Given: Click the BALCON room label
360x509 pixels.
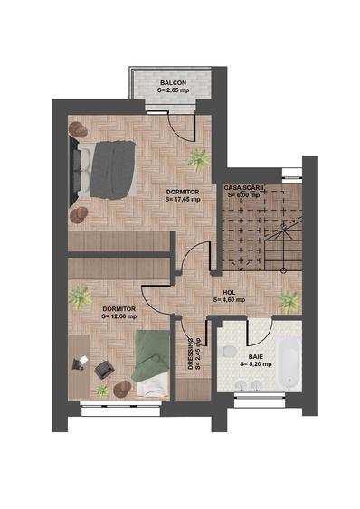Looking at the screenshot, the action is [x=173, y=83].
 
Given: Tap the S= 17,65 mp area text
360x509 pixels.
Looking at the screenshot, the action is [x=183, y=199].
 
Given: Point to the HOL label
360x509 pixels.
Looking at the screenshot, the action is [x=230, y=293].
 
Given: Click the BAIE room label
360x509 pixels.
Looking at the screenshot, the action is [x=256, y=357].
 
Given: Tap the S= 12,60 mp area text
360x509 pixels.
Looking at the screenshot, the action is [x=119, y=316].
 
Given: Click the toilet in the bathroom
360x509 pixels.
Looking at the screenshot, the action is [x=230, y=351].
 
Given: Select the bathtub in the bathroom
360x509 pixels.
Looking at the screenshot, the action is [x=288, y=363].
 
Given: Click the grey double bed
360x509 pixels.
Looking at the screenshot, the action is [x=107, y=170].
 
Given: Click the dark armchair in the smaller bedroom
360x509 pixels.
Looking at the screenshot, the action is [x=104, y=370].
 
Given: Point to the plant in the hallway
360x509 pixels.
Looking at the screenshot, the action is [x=289, y=301].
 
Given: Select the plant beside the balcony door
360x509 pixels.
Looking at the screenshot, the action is [x=198, y=159].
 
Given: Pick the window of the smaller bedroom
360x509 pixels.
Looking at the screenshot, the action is [x=120, y=408].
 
